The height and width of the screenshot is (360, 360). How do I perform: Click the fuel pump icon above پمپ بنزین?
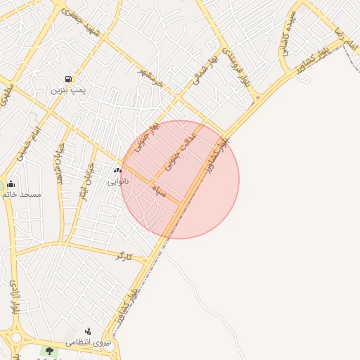click(68, 79)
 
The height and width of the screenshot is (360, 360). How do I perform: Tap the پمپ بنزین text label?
click(68, 91)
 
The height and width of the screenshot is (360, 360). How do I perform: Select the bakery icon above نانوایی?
click(117, 171)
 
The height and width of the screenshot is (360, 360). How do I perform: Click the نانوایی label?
click(117, 181)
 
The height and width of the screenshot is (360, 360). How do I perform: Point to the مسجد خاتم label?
click(21, 194)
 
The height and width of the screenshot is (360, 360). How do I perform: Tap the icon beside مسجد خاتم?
click(11, 184)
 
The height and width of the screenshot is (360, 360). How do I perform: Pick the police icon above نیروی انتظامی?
click(89, 331)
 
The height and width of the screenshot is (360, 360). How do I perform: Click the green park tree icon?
click(49, 351)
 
